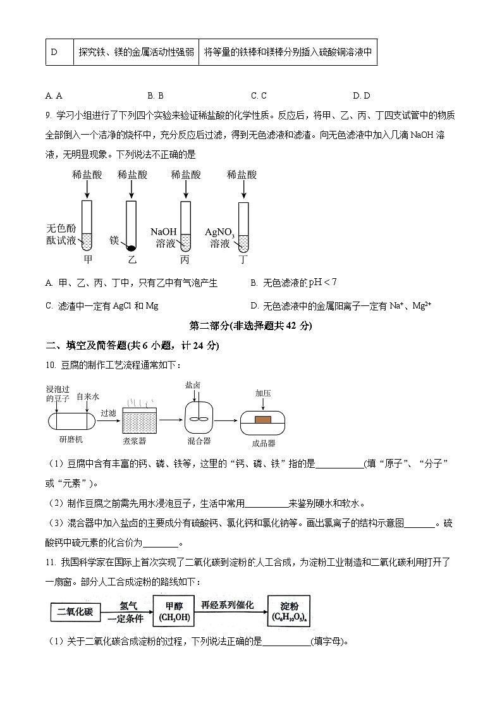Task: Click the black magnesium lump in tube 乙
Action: click(131, 247)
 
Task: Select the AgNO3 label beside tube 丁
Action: click(219, 232)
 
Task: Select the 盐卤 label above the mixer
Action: click(193, 384)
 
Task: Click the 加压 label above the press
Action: click(263, 393)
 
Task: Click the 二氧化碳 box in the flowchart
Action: click(75, 612)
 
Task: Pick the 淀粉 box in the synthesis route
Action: click(290, 611)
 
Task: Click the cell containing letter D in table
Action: click(54, 52)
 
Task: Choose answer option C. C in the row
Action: click(259, 95)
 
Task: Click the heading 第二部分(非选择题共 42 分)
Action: click(251, 326)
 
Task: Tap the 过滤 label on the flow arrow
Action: click(108, 413)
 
